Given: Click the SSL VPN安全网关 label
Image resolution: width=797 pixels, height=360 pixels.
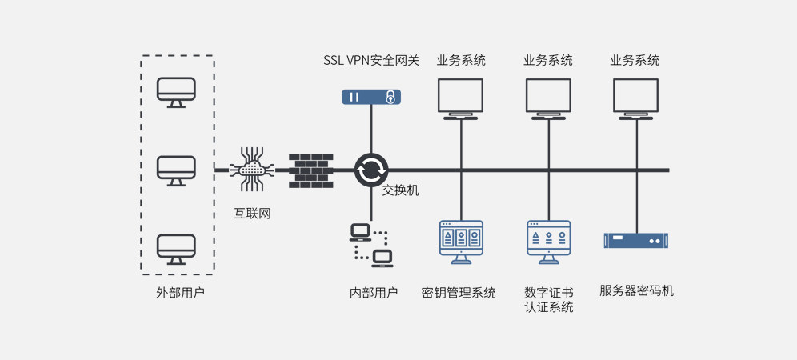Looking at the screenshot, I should pyautogui.click(x=371, y=60).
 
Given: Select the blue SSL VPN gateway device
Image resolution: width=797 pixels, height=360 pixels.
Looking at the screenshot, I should pyautogui.click(x=371, y=97).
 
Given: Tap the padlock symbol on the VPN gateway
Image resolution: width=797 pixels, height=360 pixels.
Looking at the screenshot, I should pyautogui.click(x=390, y=97).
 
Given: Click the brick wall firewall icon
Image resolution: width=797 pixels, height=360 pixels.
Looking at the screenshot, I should pyautogui.click(x=310, y=170).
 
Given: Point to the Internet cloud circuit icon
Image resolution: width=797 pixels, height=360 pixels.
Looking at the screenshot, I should pyautogui.click(x=252, y=169).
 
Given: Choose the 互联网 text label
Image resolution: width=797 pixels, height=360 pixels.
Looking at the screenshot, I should pyautogui.click(x=252, y=214).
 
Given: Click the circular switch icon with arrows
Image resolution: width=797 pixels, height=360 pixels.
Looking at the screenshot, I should pyautogui.click(x=371, y=170).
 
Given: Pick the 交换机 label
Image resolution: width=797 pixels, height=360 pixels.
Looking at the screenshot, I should pyautogui.click(x=400, y=190).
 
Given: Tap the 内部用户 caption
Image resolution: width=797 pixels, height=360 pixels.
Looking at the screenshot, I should pyautogui.click(x=374, y=293).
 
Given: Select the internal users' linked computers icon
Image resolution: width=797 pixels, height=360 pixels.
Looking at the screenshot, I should pyautogui.click(x=371, y=245).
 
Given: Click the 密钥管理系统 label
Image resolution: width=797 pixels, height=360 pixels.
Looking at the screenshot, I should pyautogui.click(x=459, y=293).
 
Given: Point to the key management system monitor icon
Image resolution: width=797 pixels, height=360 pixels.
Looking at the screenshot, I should pyautogui.click(x=461, y=241).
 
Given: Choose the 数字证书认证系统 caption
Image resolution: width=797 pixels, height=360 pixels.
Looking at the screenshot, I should pyautogui.click(x=549, y=300).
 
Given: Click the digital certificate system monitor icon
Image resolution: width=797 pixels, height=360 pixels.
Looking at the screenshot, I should pyautogui.click(x=549, y=241).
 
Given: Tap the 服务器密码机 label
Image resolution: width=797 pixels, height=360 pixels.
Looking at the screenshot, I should pyautogui.click(x=636, y=290).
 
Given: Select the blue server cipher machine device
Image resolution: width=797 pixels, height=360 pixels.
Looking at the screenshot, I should pyautogui.click(x=636, y=240).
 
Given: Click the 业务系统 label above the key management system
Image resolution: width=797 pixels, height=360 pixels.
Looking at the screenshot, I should pyautogui.click(x=461, y=60).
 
